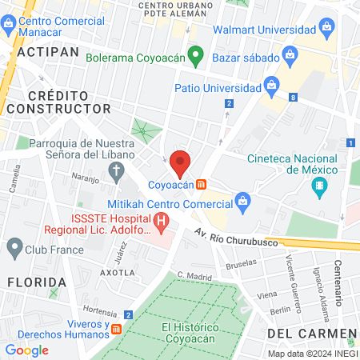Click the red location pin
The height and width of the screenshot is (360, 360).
pos(180,162)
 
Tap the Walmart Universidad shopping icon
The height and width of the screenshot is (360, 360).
pos(326,30)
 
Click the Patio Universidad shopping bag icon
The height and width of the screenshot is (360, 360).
pos(271,84)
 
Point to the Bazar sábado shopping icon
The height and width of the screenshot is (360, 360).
pos(290,56)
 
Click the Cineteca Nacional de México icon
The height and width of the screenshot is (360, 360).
pos(320,189)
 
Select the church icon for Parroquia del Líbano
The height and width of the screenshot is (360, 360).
pos(117,170)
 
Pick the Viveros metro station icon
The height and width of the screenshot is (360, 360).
pos(117,329)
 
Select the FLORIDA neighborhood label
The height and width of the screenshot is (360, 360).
pos(37,282)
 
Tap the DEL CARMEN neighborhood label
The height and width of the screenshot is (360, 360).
pos(311,332)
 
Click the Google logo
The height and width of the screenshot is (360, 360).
pos(26,350)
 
